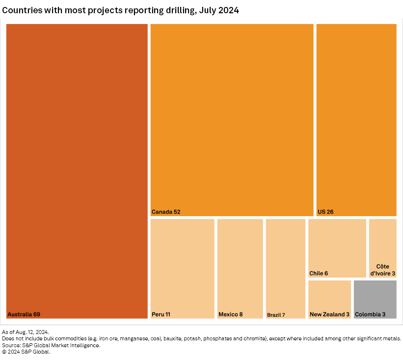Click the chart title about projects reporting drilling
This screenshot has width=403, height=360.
pos(121,10)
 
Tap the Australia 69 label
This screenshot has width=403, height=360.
pos(24,314)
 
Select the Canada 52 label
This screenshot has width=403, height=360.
pos(166,212)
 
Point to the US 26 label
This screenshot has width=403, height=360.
pos(325,212)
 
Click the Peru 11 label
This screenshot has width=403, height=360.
pos(161,314)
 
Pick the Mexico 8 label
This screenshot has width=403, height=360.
pos(230,314)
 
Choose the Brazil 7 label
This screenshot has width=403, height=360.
pos(276,315)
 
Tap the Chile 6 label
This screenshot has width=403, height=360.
pos(319,273)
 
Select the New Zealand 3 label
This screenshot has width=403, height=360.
pos(329,314)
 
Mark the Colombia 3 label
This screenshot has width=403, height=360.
pos(370,314)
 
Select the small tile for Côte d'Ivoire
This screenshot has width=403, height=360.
pos(382,241)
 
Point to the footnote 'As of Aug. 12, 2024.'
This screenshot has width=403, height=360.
pos(26,332)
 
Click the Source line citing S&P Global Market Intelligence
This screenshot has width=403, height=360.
pos(52,345)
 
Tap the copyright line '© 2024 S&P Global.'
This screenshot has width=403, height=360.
pos(26,352)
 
